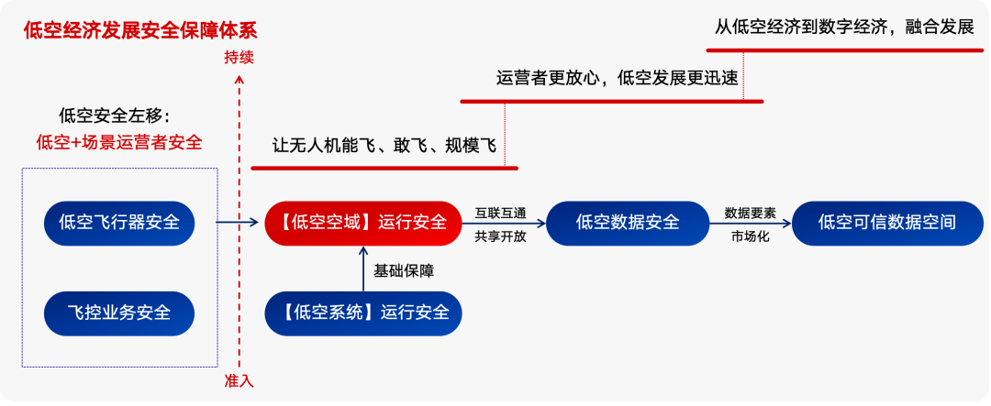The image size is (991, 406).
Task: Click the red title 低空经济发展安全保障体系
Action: coord(128,30)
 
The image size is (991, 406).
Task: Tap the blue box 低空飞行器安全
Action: coord(119,222)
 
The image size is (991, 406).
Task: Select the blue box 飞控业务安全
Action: coord(119,313)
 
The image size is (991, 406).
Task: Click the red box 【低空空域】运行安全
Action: coord(362,222)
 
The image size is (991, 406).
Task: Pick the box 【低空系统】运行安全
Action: coord(362,313)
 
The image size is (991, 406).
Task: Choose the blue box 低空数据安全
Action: coord(628,222)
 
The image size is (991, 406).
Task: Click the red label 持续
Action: coord(239,57)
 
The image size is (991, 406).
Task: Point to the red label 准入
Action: coord(239,380)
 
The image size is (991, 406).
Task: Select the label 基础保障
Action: coord(404,271)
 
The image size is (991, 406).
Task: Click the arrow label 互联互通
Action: coord(500,212)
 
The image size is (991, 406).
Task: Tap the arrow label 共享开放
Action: coord(500,236)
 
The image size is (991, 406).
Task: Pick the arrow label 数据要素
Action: coord(750,212)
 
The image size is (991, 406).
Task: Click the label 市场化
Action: coord(750,236)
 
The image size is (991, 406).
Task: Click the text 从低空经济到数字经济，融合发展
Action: coord(844,26)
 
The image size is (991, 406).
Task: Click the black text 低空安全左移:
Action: coord(115,115)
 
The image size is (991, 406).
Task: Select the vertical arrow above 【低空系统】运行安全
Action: coord(362,269)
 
